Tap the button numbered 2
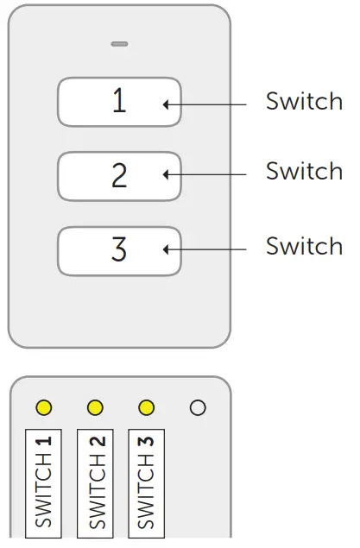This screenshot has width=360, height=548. pos(119,176)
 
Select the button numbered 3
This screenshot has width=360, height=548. pos(119,250)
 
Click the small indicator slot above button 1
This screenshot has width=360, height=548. pos(119,43)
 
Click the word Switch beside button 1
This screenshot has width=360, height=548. pos(304,102)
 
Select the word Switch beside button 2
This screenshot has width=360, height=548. pos(304,172)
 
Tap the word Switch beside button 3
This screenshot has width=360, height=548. pos(304,246)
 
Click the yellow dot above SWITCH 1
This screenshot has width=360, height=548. pos(44,406)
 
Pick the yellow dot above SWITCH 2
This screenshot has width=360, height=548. pos(95,406)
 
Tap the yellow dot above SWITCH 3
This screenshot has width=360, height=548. pos(146,406)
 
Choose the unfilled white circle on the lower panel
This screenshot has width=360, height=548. pos(198,407)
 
